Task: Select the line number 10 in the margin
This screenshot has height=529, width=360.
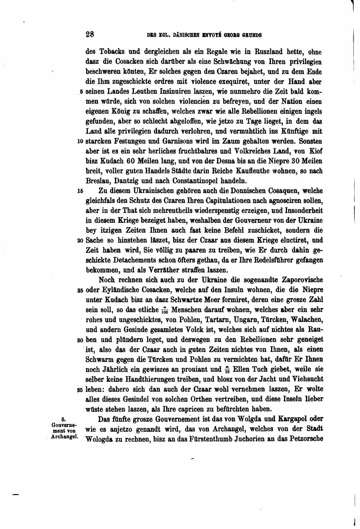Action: coord(81,141)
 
